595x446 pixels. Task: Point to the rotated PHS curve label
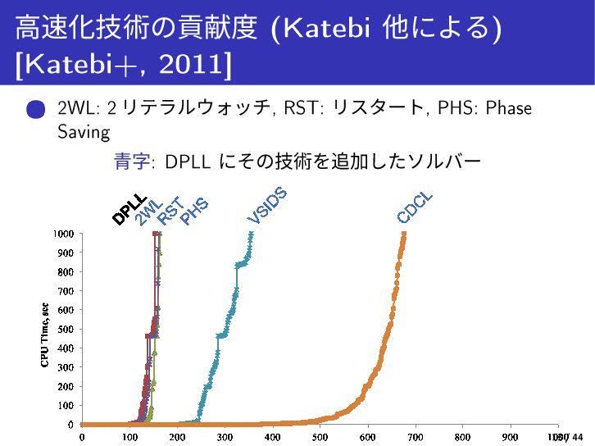(x=193, y=211)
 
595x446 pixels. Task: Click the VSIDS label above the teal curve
(x=267, y=205)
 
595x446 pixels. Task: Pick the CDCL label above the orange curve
(x=415, y=207)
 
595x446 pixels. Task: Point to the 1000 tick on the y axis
(x=66, y=234)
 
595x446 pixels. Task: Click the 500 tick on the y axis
(x=68, y=330)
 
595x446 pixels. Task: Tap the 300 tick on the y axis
(x=68, y=367)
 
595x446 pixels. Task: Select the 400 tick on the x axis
(x=272, y=438)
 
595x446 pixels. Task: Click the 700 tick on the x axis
(x=416, y=438)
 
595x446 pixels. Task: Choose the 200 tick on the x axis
(x=176, y=438)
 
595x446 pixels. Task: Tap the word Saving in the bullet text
(x=83, y=131)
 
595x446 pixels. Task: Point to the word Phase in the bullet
(x=509, y=109)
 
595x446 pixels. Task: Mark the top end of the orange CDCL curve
(x=403, y=234)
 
